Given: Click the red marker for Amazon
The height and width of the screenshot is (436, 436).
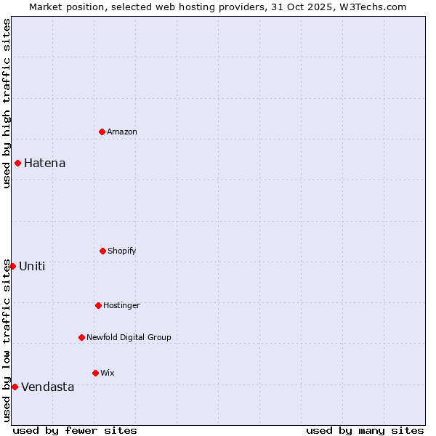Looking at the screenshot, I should pos(102,132).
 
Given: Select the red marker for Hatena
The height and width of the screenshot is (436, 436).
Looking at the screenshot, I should pos(17,163).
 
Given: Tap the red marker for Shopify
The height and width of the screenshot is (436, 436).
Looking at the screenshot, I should pos(102,251).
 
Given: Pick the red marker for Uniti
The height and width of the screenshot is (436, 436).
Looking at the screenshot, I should pos(12,266).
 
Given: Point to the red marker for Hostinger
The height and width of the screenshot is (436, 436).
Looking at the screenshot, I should pos(98,305).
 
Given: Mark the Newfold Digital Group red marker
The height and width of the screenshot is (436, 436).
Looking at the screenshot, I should pos(81,337).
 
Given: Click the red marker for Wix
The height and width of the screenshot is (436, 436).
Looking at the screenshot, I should pos(95,373).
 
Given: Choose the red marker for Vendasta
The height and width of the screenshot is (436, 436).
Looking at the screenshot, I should pos(15,387).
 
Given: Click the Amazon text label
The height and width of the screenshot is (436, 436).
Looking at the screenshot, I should pos(122,132).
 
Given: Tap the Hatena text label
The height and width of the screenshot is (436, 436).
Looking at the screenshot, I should pos(44,163).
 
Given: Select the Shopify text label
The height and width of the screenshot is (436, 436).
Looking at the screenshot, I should pos(122,251).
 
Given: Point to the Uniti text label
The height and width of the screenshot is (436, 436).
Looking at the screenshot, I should pos(32,266).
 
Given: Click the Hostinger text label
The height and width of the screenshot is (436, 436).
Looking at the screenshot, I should pos(121,305).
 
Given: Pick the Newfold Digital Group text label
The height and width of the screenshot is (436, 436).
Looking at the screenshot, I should pos(129,337).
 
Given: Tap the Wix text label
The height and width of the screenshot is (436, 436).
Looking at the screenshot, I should pos(108,373).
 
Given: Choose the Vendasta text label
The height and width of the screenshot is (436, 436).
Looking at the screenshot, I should pos(47,387).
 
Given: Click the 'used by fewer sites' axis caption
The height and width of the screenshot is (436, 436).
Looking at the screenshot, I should pos(75,430).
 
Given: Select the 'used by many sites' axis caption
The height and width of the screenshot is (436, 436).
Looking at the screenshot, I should pos(365,430).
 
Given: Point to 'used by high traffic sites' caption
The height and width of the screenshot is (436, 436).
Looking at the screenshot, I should pos(7,103).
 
